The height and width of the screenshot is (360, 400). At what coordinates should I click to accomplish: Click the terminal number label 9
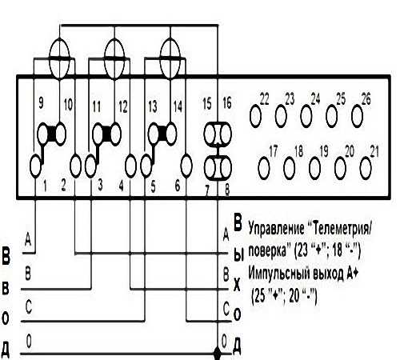41,102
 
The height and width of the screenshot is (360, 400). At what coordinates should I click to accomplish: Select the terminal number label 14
178,106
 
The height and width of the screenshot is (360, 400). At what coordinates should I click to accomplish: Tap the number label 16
227,103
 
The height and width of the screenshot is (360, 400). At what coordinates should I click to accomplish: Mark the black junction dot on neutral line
218,354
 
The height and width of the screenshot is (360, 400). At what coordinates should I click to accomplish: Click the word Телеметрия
342,229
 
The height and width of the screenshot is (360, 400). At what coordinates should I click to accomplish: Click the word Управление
276,229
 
